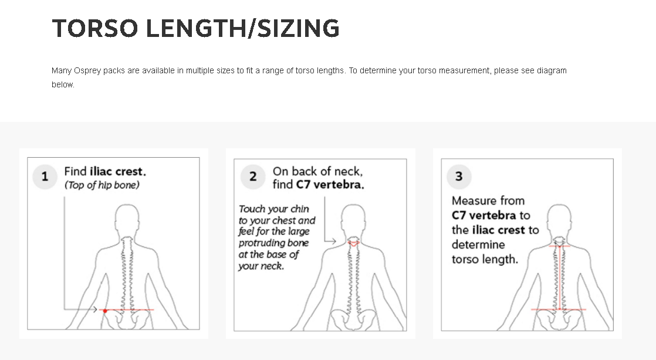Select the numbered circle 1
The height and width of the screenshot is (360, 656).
[45, 176]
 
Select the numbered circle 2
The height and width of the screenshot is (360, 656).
[253, 176]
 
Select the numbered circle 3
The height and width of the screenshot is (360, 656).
[459, 176]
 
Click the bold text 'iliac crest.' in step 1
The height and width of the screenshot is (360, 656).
[117, 172]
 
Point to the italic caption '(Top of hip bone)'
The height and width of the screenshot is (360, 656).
[102, 185]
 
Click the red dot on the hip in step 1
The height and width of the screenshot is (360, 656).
[105, 310]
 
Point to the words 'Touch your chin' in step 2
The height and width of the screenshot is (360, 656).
[274, 209]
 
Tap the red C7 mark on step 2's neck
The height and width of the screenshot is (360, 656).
[353, 242]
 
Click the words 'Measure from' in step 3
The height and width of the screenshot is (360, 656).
[488, 201]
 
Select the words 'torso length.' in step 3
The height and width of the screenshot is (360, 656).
[485, 259]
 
